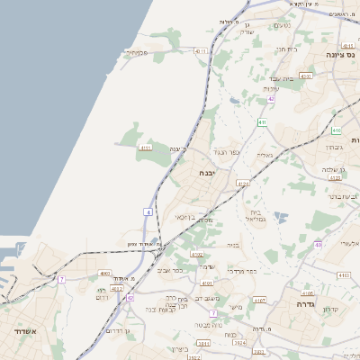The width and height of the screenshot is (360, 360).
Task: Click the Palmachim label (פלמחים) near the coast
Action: tap(136, 52)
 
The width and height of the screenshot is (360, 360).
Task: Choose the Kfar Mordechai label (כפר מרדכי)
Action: tap(241, 270)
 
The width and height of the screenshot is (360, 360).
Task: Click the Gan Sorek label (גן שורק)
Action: tap(251, 27)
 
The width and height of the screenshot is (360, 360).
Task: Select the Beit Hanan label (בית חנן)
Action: tap(285, 49)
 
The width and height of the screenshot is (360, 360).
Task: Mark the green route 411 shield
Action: tap(261, 121)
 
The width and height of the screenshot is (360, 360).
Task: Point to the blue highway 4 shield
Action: tap(148, 211)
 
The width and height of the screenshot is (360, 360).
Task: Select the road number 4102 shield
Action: tap(197, 255)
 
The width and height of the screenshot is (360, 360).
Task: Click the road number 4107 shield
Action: tap(260, 299)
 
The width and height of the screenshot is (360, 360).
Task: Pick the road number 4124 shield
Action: tap(243, 183)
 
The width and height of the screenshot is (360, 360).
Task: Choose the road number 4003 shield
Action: tap(105, 273)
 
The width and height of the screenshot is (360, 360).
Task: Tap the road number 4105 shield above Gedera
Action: tap(308, 292)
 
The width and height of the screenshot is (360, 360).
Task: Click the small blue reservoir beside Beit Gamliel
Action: tap(281, 217)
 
